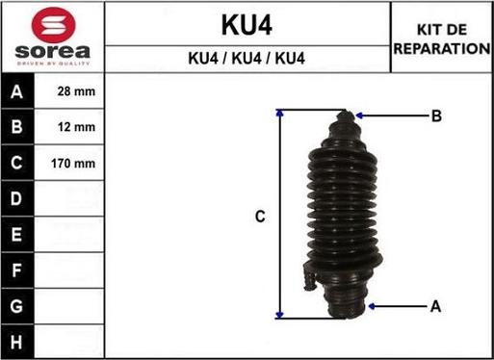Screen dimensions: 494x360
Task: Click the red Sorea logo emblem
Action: (53, 25)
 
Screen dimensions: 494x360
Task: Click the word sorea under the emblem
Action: (53, 52)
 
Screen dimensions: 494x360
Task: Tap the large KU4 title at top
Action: (247, 25)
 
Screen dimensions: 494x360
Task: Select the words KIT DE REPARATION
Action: (442, 39)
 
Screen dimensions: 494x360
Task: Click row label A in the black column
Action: (16, 91)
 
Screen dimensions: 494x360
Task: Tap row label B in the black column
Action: (16, 127)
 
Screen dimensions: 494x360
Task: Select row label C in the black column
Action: (16, 163)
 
